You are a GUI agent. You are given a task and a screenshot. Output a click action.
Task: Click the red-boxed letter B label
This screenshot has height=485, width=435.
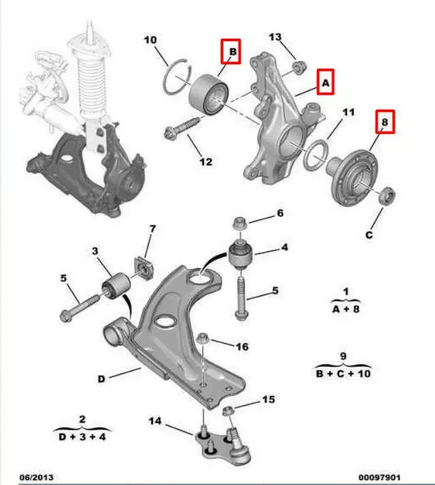(231, 51)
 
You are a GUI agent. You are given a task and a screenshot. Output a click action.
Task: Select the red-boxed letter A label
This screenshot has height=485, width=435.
(325, 83)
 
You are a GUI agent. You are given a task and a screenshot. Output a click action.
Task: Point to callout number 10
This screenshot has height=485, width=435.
(151, 40)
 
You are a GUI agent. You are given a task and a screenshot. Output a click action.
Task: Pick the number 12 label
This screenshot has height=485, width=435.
(206, 162)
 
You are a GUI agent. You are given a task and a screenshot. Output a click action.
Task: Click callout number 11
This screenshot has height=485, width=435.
(348, 111)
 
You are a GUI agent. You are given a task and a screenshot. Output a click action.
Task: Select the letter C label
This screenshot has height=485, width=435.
(368, 236)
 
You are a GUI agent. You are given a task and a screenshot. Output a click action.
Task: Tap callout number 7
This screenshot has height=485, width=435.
(153, 228)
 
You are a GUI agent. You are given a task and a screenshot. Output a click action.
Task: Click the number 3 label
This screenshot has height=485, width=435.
(96, 252)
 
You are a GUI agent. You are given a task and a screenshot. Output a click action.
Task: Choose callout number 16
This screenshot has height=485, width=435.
(242, 347)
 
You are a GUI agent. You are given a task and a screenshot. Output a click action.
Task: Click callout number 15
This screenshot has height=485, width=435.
(268, 399)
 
